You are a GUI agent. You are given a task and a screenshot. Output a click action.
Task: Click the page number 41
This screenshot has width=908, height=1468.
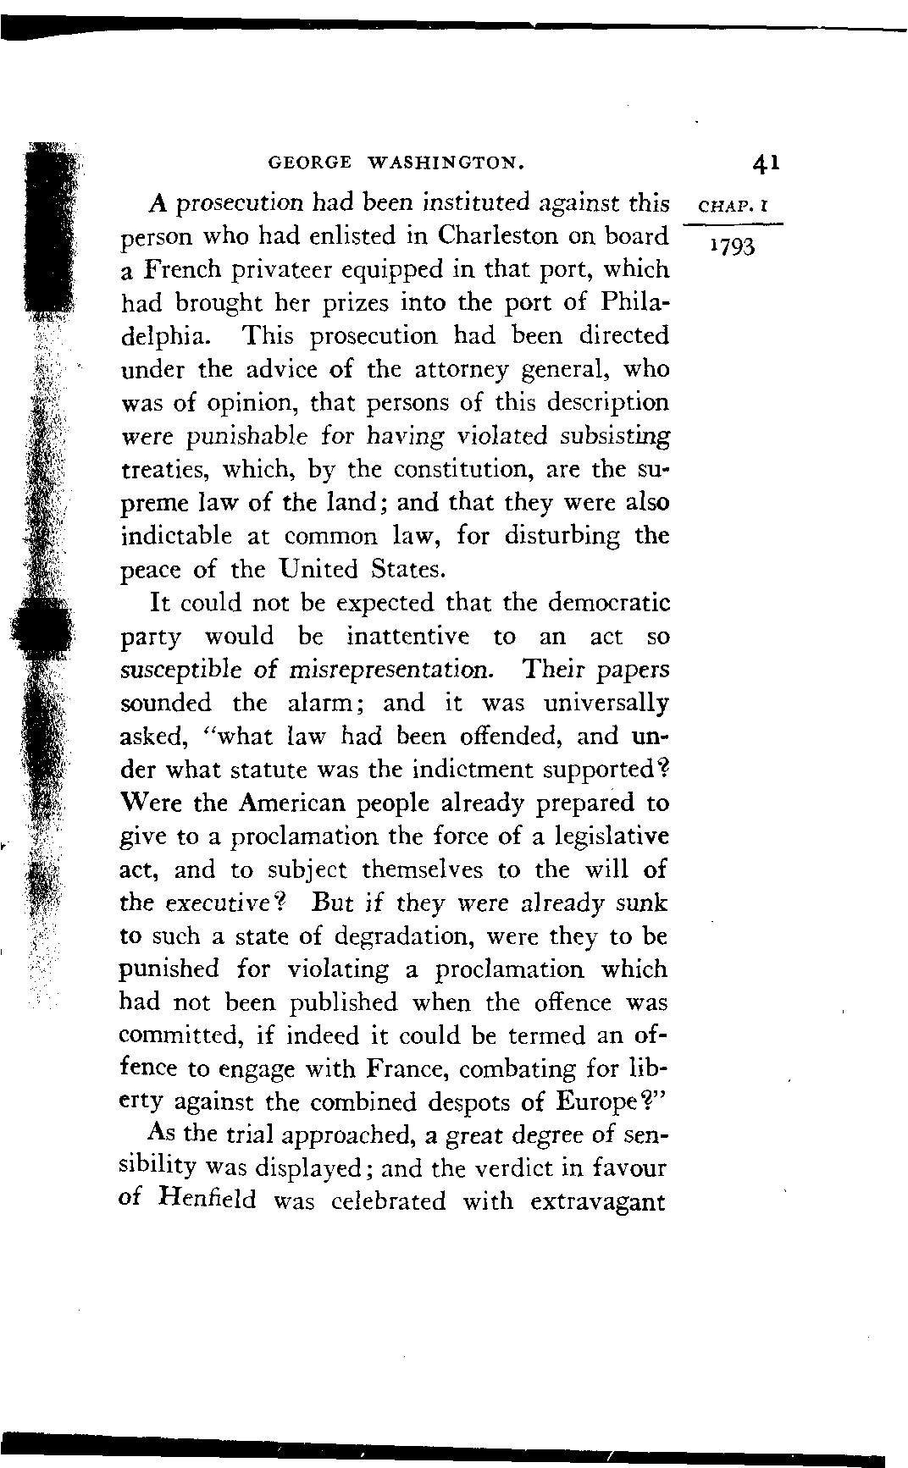coord(764,163)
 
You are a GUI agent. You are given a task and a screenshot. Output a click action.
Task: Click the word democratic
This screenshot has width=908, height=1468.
coord(609,603)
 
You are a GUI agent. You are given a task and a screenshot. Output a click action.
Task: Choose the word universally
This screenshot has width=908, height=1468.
coord(606,704)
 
